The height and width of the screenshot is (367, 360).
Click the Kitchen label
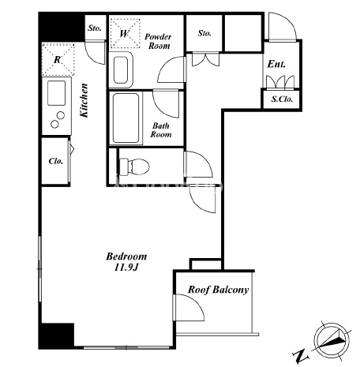(x=84, y=100)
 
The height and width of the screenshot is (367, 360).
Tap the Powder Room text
(x=158, y=41)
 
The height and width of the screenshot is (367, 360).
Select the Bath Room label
(x=161, y=130)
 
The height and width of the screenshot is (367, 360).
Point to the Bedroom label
(x=126, y=257)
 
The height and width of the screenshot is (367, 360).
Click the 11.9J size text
(x=126, y=268)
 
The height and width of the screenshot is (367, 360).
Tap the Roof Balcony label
(x=218, y=290)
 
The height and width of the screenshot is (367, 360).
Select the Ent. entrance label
(x=276, y=64)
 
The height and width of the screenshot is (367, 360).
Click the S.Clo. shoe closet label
(x=282, y=99)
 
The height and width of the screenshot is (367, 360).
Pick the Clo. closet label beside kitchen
(x=56, y=161)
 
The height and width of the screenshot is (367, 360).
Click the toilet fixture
(x=134, y=167)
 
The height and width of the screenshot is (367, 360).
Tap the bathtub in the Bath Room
(x=126, y=118)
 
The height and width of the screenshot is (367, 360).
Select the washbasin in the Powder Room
(x=121, y=70)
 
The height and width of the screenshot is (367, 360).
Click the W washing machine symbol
(x=125, y=33)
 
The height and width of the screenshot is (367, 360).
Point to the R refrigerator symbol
(x=58, y=60)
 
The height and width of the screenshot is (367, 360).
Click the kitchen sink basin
(x=56, y=93)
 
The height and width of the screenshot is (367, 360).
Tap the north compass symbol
(x=332, y=339)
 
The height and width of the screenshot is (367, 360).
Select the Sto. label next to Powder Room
(x=204, y=33)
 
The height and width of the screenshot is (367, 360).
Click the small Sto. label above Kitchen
(x=95, y=28)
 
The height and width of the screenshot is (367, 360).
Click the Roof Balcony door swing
(x=189, y=307)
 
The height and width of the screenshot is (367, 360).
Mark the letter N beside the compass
(x=301, y=356)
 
